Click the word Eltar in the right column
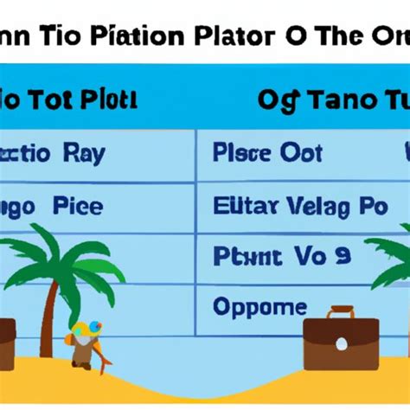[x=243, y=206]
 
